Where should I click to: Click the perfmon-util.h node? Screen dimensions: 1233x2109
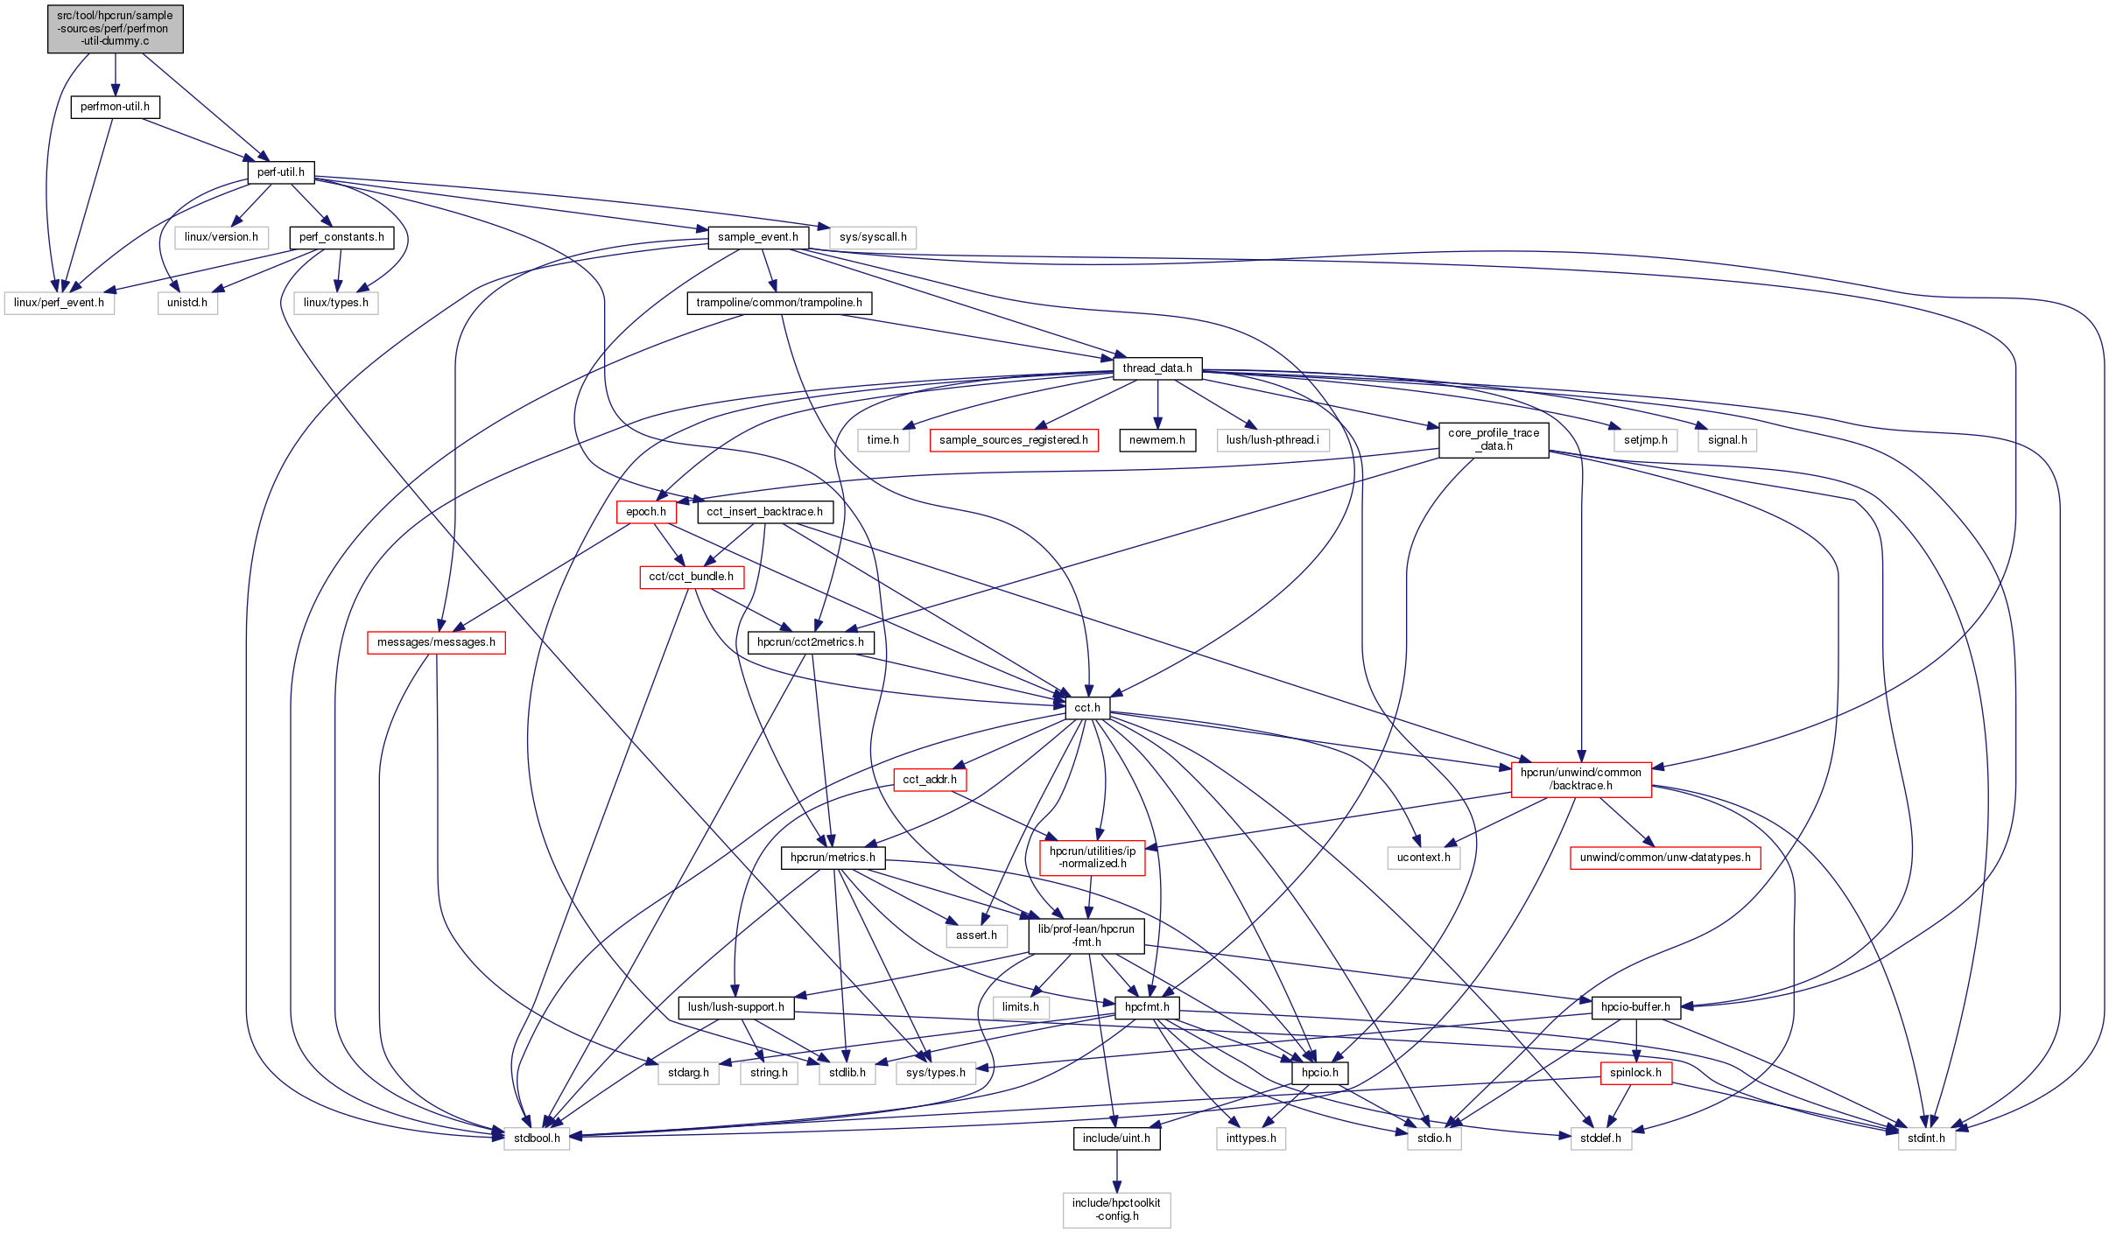click(115, 107)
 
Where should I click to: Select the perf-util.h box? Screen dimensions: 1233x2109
click(280, 172)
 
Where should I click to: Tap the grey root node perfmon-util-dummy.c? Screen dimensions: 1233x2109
click(116, 28)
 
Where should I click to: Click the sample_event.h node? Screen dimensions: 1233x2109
click(757, 237)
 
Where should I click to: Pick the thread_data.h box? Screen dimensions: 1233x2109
click(1156, 368)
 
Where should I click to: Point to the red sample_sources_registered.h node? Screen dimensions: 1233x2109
click(1013, 440)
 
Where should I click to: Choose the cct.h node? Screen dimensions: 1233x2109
click(1087, 708)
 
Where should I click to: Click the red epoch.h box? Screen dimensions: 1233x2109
click(646, 512)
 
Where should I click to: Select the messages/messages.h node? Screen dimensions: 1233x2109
click(436, 642)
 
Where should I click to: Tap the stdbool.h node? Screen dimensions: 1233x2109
click(537, 1138)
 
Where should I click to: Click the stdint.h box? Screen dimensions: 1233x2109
click(1926, 1138)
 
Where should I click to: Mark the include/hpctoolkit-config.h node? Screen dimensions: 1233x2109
click(1116, 1209)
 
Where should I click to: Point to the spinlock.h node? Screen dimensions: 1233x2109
click(1635, 1073)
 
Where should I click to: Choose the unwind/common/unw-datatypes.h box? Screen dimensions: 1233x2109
click(1665, 858)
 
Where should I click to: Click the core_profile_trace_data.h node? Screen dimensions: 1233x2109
click(1494, 439)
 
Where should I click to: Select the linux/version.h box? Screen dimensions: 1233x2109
click(221, 237)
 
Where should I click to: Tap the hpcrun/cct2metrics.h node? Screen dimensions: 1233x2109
click(810, 642)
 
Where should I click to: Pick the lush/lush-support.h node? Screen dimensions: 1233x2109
click(735, 1007)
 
